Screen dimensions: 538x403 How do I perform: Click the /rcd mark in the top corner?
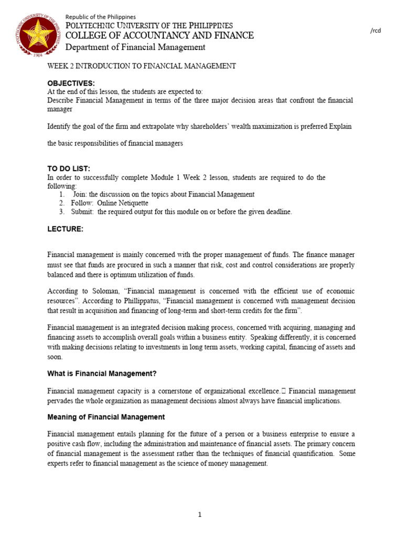pos(375,30)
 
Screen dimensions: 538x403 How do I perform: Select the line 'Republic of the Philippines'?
pos(100,17)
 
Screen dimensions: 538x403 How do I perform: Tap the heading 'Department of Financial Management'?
pos(135,47)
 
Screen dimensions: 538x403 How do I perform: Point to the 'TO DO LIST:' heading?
pos(69,169)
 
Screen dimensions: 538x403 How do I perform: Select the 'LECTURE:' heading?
pos(65,229)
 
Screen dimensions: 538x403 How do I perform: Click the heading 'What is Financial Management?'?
pos(102,374)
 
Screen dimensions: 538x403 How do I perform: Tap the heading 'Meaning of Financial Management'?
pos(106,417)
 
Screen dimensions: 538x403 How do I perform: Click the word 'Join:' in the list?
pos(80,194)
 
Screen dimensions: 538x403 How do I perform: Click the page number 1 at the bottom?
pos(200,514)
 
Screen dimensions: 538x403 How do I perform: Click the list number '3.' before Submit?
pos(61,212)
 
